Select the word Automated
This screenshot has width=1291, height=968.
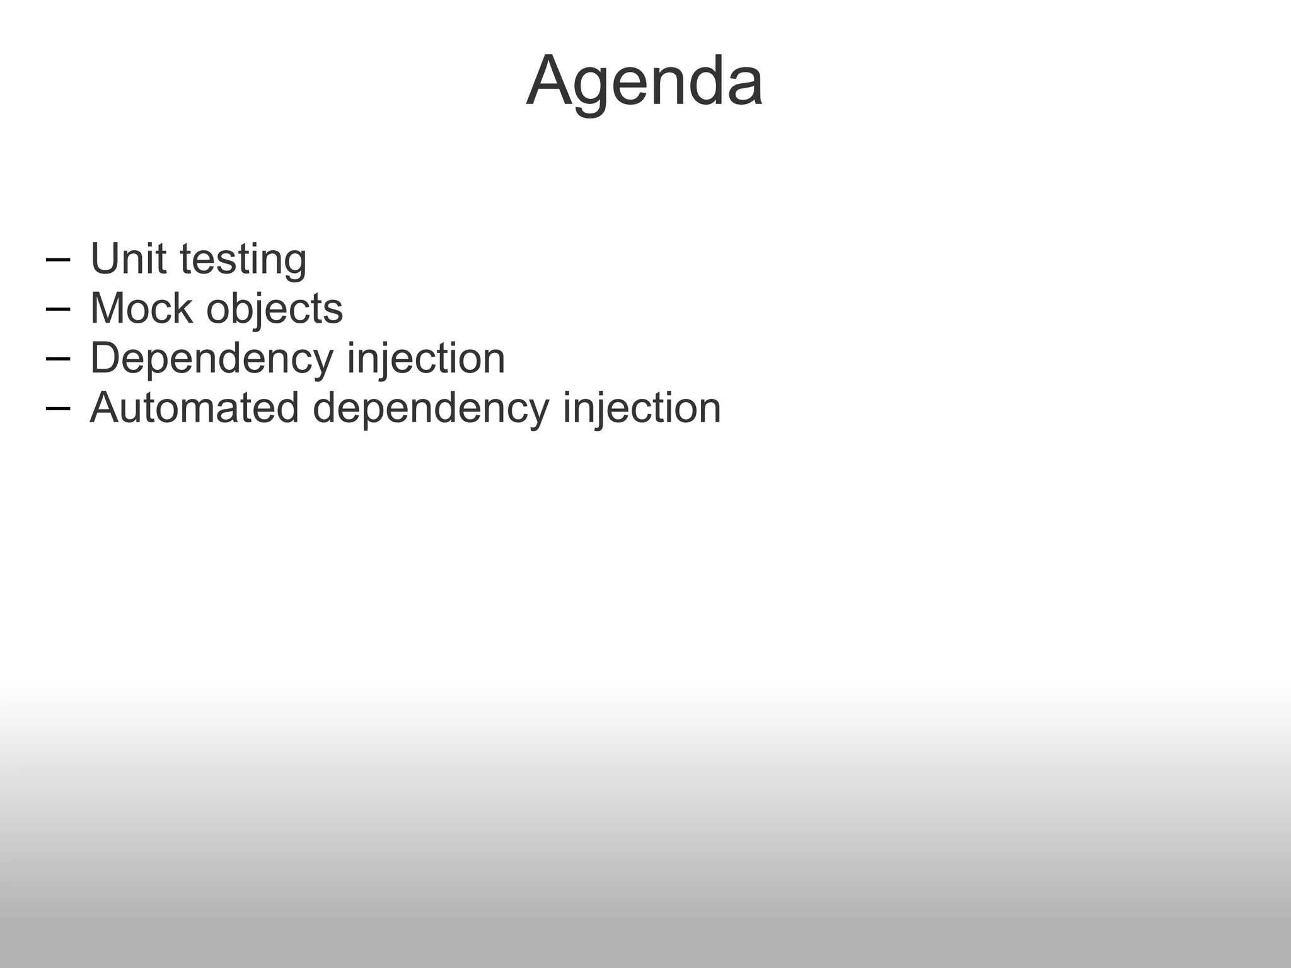pos(194,408)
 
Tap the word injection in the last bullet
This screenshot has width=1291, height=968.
pos(642,408)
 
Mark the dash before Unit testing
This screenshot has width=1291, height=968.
pos(58,260)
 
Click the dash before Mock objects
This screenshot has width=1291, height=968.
pos(58,309)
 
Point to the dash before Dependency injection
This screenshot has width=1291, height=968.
pos(58,359)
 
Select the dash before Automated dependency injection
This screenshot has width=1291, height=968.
pos(58,408)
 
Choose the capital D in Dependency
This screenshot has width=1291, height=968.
pos(106,358)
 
